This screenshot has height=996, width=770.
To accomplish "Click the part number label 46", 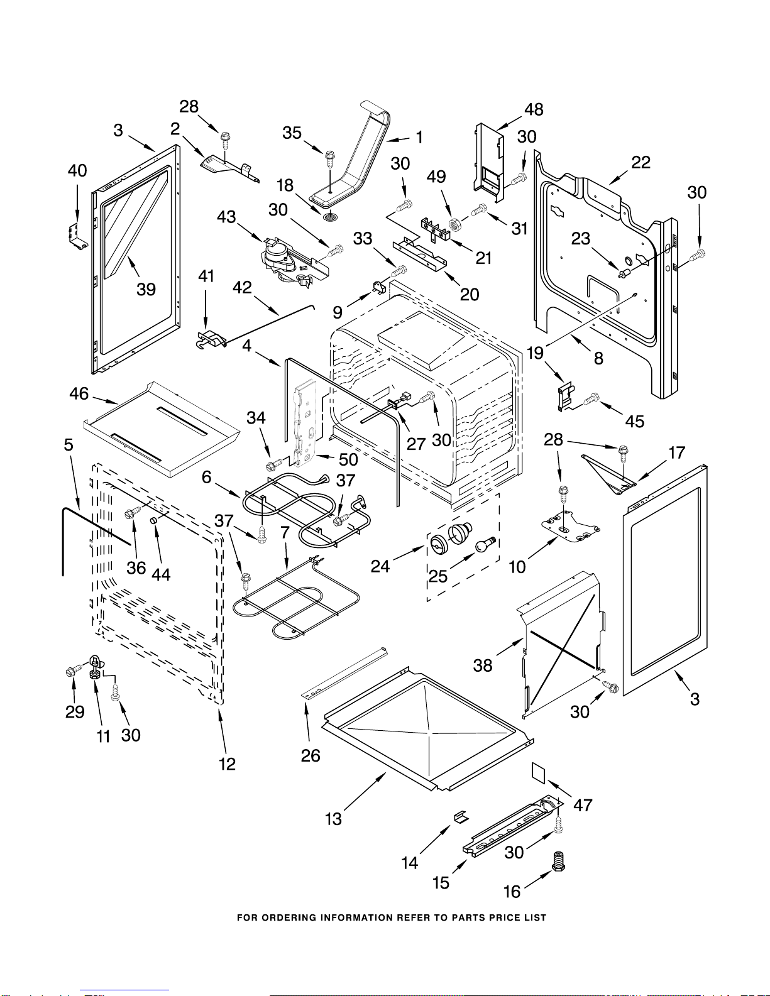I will (79, 393).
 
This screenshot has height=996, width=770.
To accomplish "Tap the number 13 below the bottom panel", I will (333, 819).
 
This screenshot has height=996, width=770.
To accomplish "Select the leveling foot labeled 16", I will (558, 861).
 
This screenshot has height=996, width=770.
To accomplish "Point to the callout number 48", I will (534, 109).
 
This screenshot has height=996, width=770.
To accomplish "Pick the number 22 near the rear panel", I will (641, 162).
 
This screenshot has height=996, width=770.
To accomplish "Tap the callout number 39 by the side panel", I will (146, 289).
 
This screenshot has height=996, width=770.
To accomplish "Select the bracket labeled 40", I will (75, 236).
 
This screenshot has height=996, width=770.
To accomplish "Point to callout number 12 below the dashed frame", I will (227, 763).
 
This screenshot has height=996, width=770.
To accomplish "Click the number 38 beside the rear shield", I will (483, 665).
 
